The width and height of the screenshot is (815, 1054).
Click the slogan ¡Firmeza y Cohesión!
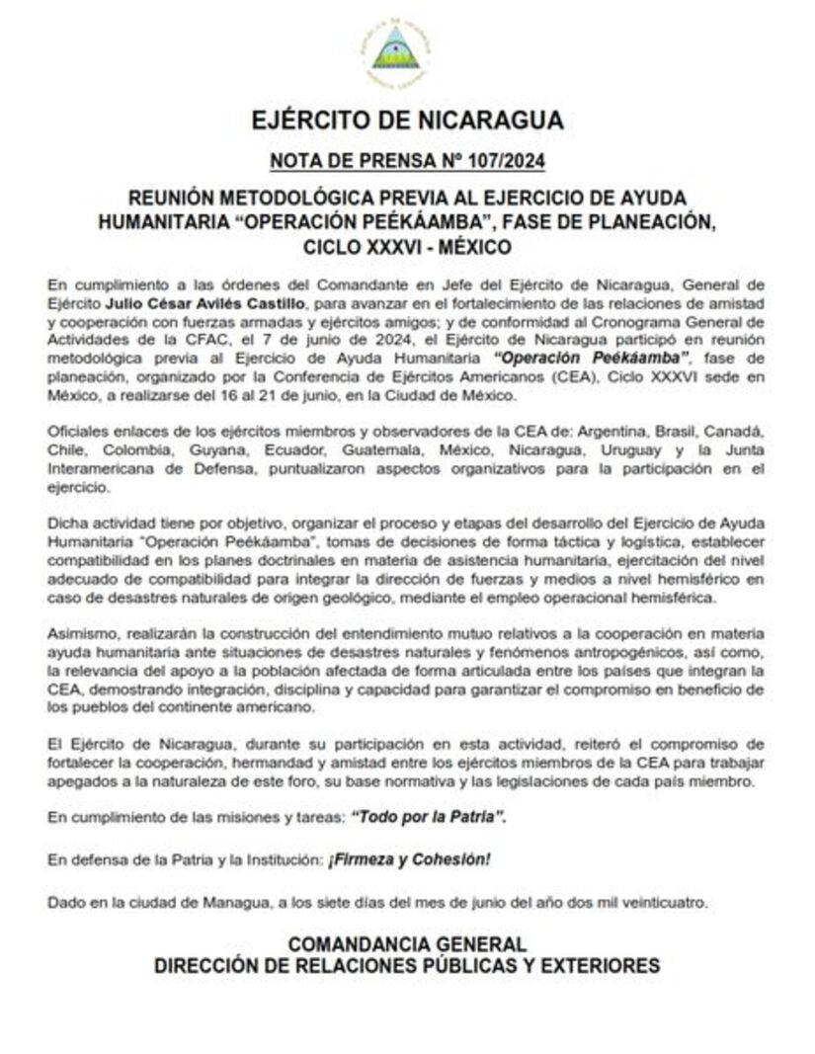pos(410,859)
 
